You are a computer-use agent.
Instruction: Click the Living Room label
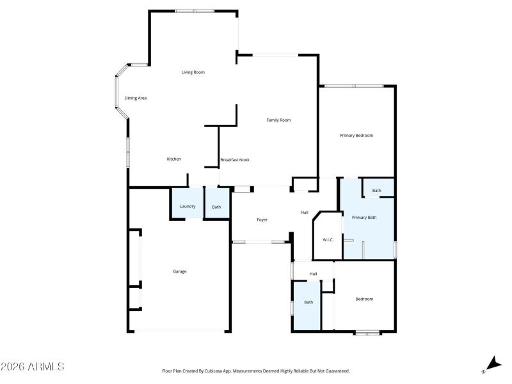[193, 72]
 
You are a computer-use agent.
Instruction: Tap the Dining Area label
[136, 98]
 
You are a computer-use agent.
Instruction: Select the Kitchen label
[173, 159]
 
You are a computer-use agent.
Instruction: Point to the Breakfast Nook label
[235, 159]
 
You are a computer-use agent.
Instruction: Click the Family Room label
[278, 120]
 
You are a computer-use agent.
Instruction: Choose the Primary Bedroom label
[356, 135]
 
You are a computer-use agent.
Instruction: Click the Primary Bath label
[364, 218]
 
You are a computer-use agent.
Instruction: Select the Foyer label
[262, 220]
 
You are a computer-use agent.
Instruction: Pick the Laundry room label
[188, 206]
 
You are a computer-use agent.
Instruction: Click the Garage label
[180, 271]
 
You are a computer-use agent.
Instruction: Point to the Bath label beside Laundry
[216, 207]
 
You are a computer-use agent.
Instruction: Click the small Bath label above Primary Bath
[376, 191]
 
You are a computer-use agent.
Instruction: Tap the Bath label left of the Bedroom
[308, 302]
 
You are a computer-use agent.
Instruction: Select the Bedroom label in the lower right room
[364, 299]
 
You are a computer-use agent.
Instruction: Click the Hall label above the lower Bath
[313, 274]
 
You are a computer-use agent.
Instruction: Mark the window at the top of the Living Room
[195, 11]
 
